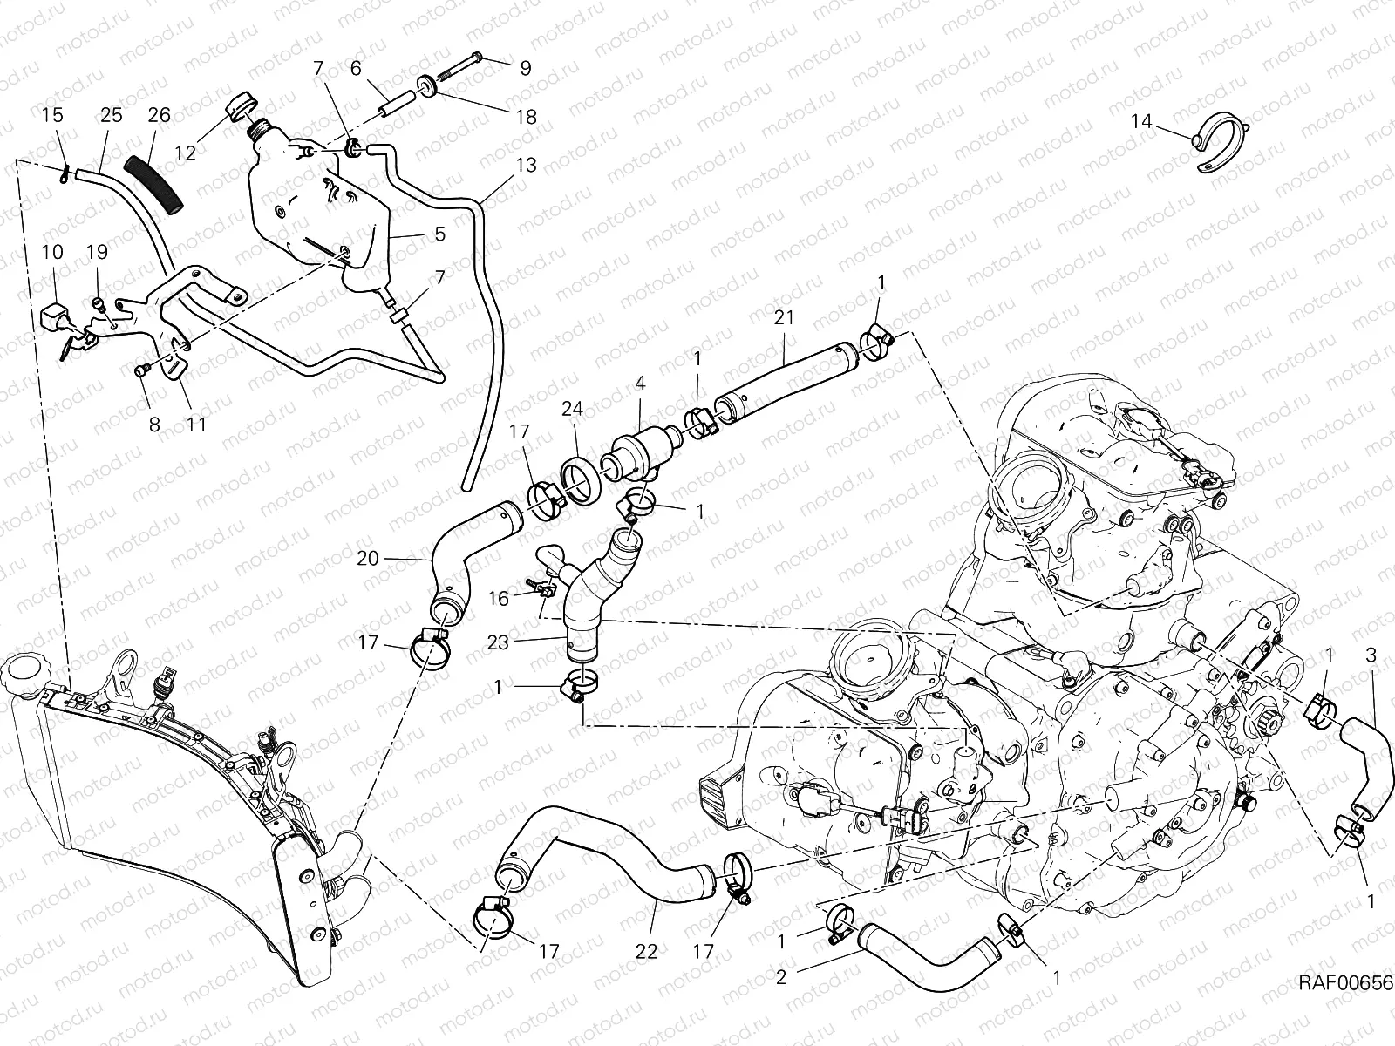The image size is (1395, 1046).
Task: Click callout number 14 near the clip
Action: [x=1141, y=122]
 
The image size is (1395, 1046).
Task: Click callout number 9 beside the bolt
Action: [x=525, y=68]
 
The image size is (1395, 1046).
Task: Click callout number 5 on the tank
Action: [x=439, y=234]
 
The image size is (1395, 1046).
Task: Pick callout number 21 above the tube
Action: [x=784, y=318]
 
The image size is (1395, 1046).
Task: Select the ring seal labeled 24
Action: [x=579, y=479]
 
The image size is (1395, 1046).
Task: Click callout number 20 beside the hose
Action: [x=368, y=558]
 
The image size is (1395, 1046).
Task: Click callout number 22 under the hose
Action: [x=646, y=952]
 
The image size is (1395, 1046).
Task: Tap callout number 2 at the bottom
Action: [x=781, y=977]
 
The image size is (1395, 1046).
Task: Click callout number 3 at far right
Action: [x=1371, y=655]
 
